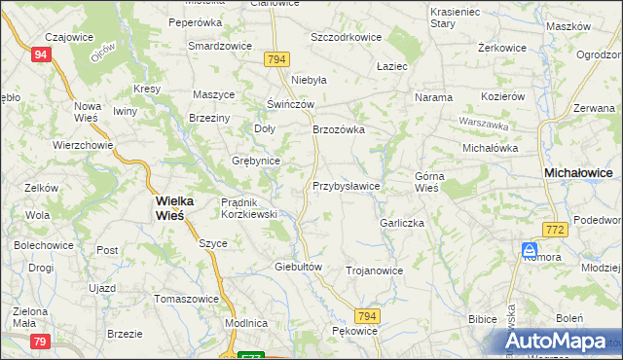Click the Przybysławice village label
[x=346, y=185]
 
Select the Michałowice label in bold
[x=577, y=172]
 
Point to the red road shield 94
[x=40, y=55]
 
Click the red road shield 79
[x=40, y=341]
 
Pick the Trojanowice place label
[x=374, y=270]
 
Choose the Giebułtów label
[x=298, y=266]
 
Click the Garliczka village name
[x=404, y=223]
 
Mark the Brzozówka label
[x=338, y=128]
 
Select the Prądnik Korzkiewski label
[x=250, y=207]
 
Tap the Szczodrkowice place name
[x=346, y=37]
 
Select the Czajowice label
[x=54, y=37]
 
